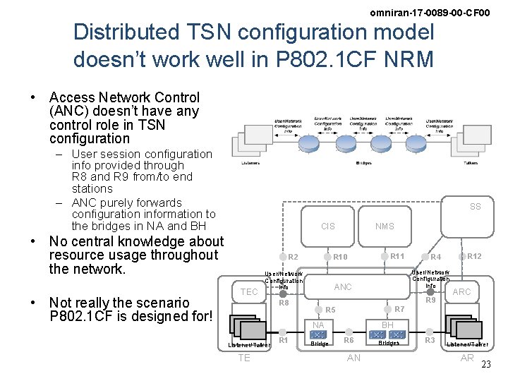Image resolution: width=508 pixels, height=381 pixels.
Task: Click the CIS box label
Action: (x=328, y=226)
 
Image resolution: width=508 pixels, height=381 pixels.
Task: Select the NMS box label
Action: (x=385, y=226)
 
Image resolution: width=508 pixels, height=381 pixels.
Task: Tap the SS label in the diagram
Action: (x=476, y=207)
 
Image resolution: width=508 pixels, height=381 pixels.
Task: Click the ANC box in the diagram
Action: (x=343, y=287)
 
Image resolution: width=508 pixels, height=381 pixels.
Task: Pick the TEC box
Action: (x=249, y=292)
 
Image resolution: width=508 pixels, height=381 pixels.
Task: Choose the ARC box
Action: (x=461, y=292)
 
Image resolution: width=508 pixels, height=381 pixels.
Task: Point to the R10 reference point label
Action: (x=341, y=257)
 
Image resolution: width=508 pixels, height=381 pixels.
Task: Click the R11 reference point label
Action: (x=397, y=256)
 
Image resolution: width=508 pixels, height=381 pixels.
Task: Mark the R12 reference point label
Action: (x=474, y=256)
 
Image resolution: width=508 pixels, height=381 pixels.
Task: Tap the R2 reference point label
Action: (x=294, y=257)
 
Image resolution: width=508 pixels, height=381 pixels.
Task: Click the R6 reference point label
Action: (x=348, y=341)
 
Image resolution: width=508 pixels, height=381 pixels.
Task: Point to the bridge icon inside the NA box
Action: (x=318, y=334)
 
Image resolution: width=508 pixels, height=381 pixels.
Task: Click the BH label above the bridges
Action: (x=388, y=325)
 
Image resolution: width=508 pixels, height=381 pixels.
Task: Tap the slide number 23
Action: (x=485, y=365)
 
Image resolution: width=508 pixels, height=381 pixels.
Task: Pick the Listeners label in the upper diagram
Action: (x=250, y=163)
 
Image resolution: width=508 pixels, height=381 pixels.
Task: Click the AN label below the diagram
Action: (x=354, y=358)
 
